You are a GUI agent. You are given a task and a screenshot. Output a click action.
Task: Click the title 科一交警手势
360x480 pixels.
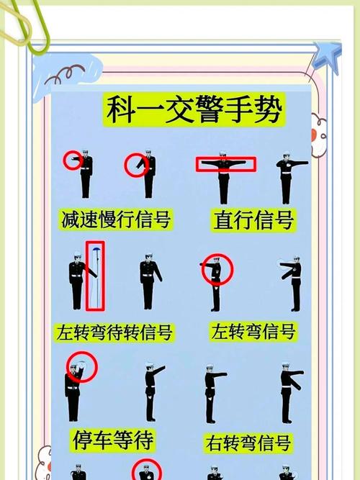(x=194, y=111)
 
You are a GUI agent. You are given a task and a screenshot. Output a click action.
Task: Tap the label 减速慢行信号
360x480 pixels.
(x=115, y=219)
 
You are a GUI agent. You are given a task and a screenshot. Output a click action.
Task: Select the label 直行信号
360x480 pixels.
(x=253, y=219)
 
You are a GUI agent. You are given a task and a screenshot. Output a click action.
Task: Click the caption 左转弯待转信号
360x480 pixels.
(x=114, y=333)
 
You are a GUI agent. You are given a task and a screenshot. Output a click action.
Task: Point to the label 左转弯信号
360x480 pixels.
(x=253, y=332)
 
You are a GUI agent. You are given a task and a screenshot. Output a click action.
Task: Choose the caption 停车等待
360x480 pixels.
(x=114, y=438)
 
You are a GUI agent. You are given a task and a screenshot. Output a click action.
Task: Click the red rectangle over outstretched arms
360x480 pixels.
(x=225, y=165)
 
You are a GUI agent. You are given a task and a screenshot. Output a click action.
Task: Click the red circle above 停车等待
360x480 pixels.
(x=81, y=368)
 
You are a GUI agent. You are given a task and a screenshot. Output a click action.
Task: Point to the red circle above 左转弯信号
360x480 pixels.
(x=217, y=270)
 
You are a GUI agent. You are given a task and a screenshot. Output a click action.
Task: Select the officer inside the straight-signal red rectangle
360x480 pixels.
(x=224, y=176)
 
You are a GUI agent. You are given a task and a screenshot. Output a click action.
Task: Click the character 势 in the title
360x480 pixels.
(x=267, y=111)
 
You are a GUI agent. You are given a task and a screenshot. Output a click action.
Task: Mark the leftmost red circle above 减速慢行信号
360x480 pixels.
(x=73, y=160)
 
